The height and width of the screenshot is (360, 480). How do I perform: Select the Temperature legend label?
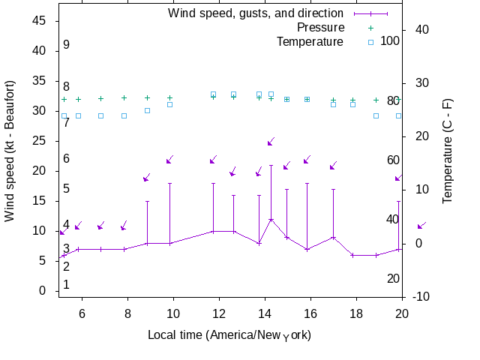click(310, 41)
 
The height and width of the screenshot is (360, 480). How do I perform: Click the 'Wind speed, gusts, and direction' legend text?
click(256, 13)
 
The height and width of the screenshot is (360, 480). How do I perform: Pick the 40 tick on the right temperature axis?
click(421, 29)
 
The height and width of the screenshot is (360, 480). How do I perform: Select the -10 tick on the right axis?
click(421, 297)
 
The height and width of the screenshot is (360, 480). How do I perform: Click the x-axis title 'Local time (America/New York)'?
click(229, 334)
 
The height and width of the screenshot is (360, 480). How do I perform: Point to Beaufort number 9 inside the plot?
click(66, 45)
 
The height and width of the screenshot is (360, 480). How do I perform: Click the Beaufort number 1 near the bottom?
click(66, 285)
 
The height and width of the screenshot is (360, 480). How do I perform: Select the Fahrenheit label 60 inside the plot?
click(393, 160)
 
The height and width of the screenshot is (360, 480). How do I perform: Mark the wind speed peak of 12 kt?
click(271, 219)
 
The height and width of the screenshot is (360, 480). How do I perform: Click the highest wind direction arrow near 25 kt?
click(271, 141)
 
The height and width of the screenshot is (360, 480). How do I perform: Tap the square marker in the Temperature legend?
click(370, 42)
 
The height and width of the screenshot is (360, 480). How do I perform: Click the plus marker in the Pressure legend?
click(370, 28)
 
